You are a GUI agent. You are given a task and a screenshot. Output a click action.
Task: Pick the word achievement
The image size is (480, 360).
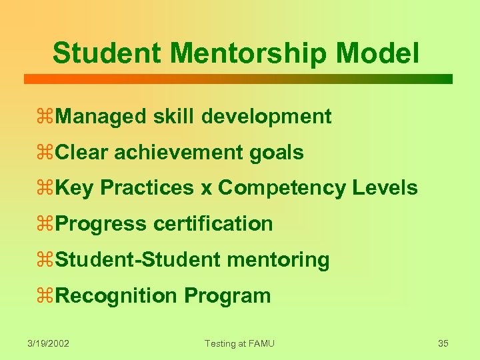[179, 153]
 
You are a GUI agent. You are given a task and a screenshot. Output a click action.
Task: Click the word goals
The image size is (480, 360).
[277, 153]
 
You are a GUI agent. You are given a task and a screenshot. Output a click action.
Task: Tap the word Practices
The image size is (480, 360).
[148, 188]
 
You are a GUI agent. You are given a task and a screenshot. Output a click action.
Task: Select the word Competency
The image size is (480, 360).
[282, 188]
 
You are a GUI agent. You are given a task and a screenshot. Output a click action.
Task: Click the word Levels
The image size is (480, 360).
[385, 188]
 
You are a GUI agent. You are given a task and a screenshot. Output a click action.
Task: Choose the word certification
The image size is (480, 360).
[213, 224]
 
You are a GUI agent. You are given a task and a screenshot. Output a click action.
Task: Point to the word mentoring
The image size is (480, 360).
[287, 260]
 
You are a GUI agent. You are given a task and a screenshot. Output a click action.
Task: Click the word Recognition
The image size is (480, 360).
[117, 295]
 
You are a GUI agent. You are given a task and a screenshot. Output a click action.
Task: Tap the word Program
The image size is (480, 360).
[228, 295]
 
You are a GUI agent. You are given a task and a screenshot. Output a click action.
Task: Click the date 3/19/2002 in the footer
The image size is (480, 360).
[49, 343]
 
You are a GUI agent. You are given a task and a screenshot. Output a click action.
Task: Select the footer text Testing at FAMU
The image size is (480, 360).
[239, 343]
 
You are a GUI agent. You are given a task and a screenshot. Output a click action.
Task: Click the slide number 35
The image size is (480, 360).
[443, 343]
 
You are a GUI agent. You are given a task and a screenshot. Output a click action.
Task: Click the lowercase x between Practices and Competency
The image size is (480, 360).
[207, 189]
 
